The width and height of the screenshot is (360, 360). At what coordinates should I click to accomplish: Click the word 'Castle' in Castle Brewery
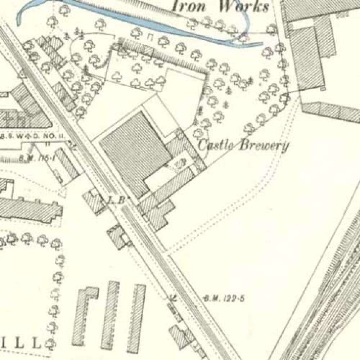(x=215, y=145)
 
